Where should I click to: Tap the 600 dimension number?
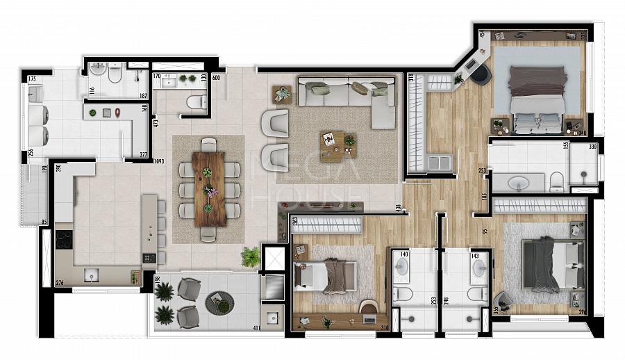(x=215, y=77)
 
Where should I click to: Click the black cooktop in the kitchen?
(x=63, y=240)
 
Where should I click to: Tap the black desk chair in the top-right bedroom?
(x=481, y=75)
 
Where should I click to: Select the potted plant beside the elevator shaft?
(x=251, y=257)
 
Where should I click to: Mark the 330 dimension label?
(x=592, y=147)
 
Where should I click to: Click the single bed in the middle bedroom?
(x=325, y=275)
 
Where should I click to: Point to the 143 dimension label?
(x=476, y=256)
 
